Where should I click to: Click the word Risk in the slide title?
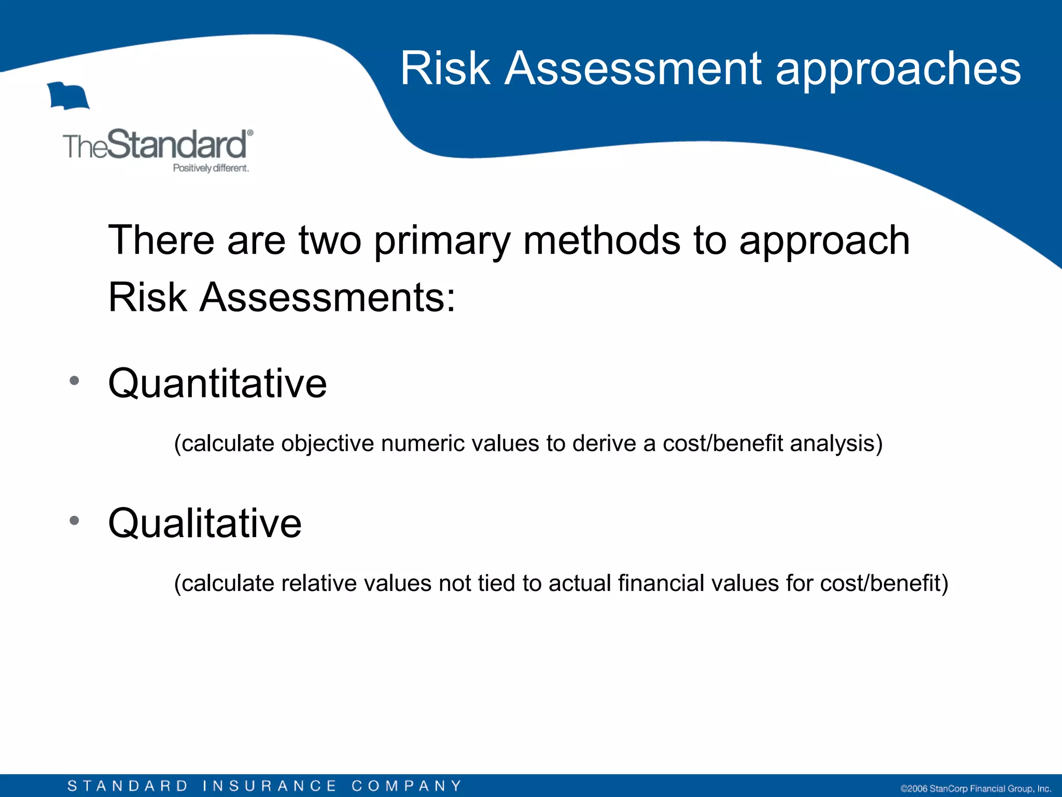pos(445,68)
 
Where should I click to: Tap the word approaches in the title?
pos(898,70)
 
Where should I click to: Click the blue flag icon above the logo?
pos(68,96)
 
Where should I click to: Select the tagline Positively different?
pos(211,168)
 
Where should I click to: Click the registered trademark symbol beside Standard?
pos(250,133)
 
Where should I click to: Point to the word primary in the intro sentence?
pos(442,241)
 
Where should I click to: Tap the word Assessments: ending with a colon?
pos(327,297)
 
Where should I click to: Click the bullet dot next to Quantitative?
pos(74,380)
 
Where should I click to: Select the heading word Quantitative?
pos(217,384)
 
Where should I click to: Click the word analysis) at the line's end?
pos(836,444)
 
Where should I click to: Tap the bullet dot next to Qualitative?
pos(74,520)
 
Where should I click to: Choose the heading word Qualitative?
pos(204,524)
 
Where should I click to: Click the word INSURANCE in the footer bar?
pos(269,786)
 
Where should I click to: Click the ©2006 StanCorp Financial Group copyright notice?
pos(975,789)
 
